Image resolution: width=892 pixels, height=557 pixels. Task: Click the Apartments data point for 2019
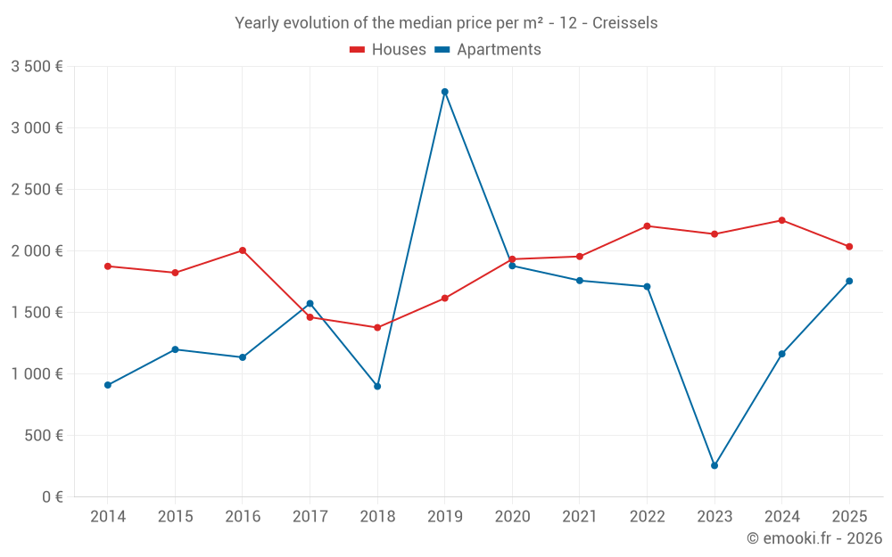point(444,92)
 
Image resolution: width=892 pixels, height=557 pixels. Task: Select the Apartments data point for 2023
point(714,465)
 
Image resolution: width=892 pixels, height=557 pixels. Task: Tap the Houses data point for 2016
point(243,250)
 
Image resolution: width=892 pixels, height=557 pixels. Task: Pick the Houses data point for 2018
point(377,327)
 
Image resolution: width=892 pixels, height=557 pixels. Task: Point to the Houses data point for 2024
point(782,220)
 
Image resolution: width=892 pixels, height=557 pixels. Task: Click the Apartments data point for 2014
point(107,385)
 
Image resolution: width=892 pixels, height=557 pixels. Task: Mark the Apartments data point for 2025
point(849,281)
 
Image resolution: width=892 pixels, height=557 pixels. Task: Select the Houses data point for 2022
point(647,225)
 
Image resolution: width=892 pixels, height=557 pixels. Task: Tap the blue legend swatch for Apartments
point(442,50)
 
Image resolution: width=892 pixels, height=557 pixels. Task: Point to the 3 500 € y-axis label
point(37,67)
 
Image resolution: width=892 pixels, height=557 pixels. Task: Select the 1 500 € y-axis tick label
point(37,313)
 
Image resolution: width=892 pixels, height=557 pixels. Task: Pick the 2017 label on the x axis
point(310,517)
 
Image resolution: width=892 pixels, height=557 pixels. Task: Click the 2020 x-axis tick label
point(512,517)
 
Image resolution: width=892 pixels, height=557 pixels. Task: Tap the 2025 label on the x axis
point(849,517)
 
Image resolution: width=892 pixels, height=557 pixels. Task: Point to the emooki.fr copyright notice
point(814,538)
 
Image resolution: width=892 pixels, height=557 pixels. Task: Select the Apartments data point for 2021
point(580,281)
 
